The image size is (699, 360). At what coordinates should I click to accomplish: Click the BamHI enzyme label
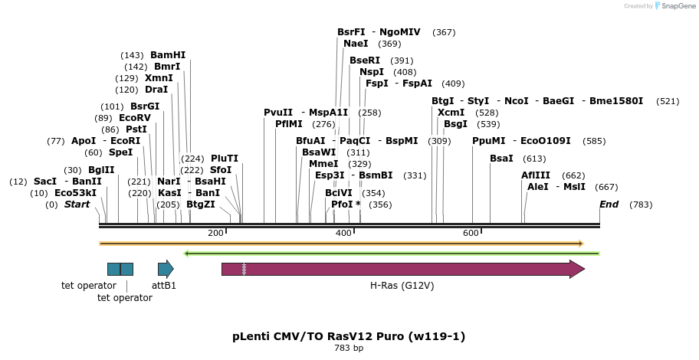point(168,55)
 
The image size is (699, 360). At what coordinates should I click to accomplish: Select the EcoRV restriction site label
point(135,118)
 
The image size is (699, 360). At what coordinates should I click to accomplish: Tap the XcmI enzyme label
point(451,113)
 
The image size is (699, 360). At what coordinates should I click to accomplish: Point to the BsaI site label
point(501,159)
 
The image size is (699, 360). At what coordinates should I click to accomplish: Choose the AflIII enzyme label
point(536,175)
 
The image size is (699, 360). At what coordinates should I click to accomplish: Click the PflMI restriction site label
point(289,124)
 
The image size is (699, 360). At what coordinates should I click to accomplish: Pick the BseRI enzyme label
point(365,61)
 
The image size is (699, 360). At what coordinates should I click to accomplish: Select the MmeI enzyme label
point(323,164)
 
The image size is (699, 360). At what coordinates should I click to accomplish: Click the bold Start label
point(77,205)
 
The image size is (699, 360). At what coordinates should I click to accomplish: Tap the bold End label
point(609,205)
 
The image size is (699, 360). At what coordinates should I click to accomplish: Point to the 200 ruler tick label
point(215,233)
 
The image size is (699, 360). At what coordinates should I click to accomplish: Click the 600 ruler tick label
point(471,233)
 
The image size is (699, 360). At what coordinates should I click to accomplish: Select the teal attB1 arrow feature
point(166,269)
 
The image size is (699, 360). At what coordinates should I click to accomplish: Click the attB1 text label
point(164,286)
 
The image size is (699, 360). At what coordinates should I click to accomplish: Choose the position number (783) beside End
point(641,205)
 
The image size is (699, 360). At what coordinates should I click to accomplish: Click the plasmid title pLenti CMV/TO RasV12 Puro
point(349,336)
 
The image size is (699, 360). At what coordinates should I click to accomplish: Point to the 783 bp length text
point(349,349)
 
